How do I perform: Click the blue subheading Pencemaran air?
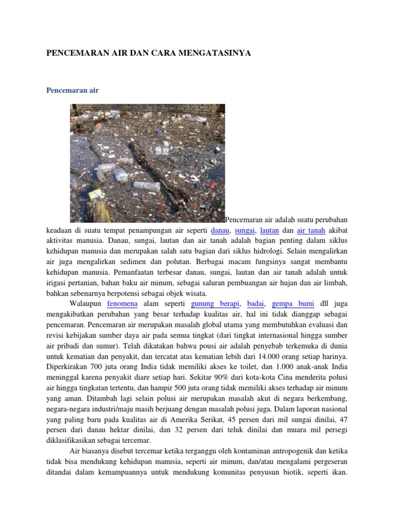(72, 90)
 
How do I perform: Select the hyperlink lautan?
(269, 230)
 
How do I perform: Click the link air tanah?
(311, 230)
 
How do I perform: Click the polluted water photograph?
(147, 163)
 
